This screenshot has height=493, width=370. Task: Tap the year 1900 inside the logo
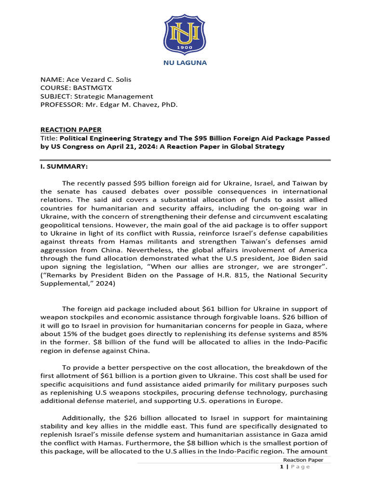coord(185,48)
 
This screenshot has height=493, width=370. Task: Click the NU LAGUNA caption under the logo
coord(185,63)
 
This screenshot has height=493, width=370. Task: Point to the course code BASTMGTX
coord(90,88)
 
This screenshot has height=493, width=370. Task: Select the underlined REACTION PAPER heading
coord(71,130)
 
